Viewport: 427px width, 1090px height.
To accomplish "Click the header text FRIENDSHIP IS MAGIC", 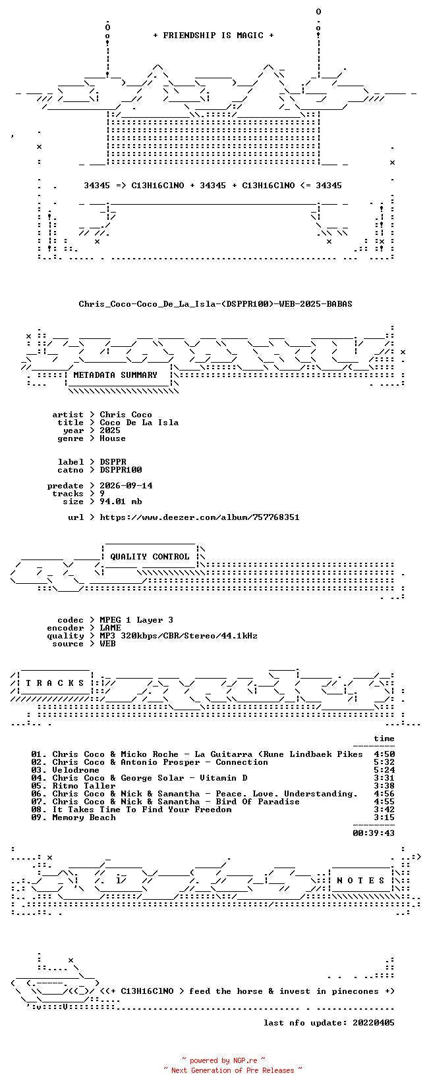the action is (x=213, y=36).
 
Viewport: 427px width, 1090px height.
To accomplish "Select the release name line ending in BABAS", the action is (x=215, y=304).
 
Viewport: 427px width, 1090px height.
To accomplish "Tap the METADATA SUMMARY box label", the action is (x=115, y=375).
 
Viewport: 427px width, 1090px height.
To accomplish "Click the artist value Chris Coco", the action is (x=126, y=415).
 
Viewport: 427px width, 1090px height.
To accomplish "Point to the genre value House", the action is (x=113, y=438).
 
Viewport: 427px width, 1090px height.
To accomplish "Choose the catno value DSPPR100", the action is (x=121, y=470).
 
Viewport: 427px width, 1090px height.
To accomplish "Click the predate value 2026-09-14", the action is (x=126, y=486).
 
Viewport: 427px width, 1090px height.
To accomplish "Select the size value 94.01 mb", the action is (x=121, y=502).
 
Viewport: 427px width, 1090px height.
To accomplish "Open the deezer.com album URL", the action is (x=200, y=517).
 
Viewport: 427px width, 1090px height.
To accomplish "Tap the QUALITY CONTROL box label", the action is (x=150, y=557).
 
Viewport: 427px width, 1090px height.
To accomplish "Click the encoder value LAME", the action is (x=110, y=628).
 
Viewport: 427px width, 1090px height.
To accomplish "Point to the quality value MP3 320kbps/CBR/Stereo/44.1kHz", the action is (x=179, y=636).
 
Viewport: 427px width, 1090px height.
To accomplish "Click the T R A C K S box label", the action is (x=55, y=683).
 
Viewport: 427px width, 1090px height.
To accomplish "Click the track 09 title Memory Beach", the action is (x=84, y=817).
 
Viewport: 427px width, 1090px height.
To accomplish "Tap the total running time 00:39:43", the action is (x=374, y=833).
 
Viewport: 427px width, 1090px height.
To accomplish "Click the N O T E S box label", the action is (x=360, y=881).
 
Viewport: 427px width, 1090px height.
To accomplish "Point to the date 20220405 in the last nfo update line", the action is (x=374, y=1023).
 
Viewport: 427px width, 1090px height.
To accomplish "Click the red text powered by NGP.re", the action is (x=223, y=1060).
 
